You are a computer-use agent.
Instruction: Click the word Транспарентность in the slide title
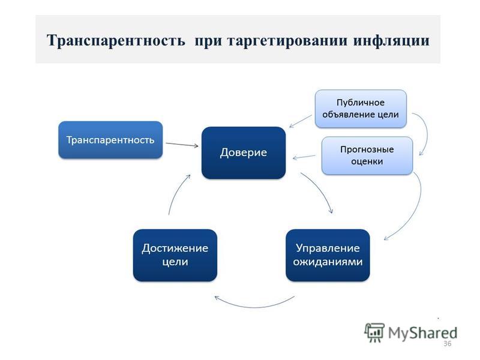click(116, 41)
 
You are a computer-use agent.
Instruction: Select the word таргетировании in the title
click(287, 41)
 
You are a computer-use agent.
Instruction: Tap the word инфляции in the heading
click(392, 41)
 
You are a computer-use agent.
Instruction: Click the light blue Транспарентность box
click(110, 140)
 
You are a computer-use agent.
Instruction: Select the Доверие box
click(244, 153)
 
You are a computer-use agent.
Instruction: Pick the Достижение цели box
click(175, 255)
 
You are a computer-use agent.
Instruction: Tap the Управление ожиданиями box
click(328, 255)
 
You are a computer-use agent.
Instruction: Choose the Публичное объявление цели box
click(361, 109)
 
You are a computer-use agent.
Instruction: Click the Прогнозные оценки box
click(367, 155)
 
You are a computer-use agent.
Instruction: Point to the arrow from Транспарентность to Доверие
click(182, 145)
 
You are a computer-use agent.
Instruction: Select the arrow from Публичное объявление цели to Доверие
click(301, 121)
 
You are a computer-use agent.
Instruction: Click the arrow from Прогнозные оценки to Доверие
click(304, 157)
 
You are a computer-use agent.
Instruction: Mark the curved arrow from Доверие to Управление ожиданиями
click(320, 190)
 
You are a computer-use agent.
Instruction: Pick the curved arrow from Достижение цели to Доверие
click(176, 193)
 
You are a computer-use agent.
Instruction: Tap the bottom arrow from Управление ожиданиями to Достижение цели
click(254, 307)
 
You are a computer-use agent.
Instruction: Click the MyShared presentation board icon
click(374, 332)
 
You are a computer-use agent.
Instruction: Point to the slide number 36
click(447, 344)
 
